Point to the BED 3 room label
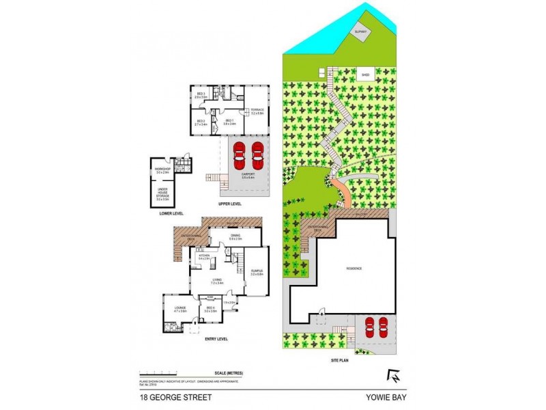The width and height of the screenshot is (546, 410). pyautogui.click(x=201, y=95)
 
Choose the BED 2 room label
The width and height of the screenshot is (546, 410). pyautogui.click(x=201, y=122)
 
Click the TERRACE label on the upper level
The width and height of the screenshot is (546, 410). pyautogui.click(x=257, y=111)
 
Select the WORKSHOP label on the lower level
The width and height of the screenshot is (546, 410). pyautogui.click(x=162, y=170)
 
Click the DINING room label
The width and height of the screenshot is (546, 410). pyautogui.click(x=235, y=237)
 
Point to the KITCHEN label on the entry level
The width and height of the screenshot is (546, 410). pyautogui.click(x=203, y=257)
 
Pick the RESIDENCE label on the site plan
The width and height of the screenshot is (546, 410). pyautogui.click(x=353, y=269)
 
